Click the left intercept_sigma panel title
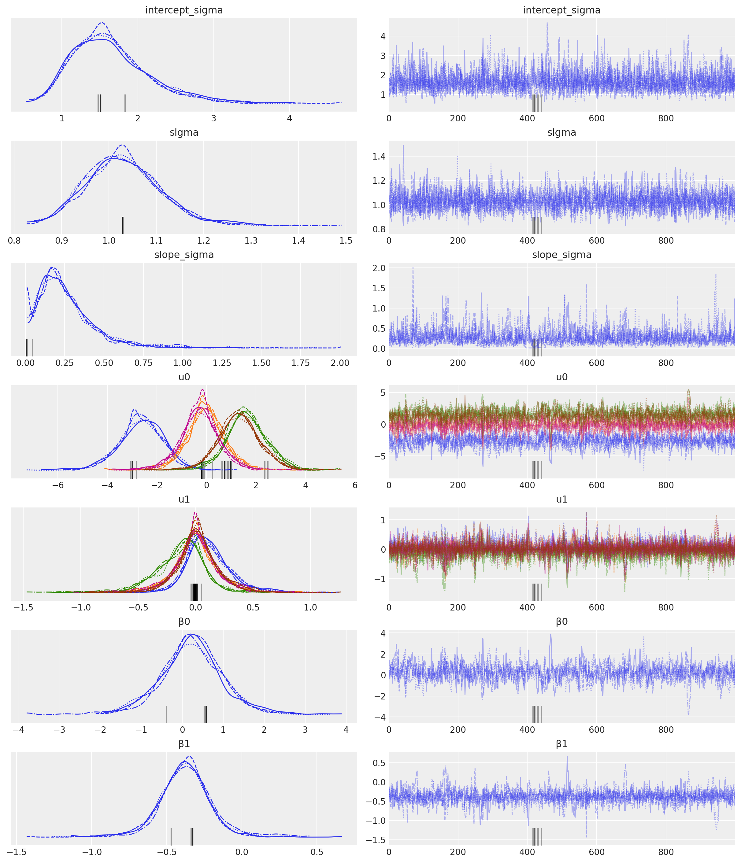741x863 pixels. pos(184,10)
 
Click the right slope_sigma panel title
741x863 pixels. pos(561,255)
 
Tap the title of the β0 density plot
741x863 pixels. pos(184,622)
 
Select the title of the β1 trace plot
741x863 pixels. pos(561,744)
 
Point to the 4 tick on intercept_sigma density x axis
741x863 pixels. pos(289,118)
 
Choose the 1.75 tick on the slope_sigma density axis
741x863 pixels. pos(301,363)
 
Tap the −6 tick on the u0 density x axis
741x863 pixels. pos(58,485)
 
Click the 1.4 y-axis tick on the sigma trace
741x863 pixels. pos(379,157)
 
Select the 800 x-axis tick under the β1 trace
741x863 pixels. pos(665,852)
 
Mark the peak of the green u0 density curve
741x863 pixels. pos(244,407)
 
